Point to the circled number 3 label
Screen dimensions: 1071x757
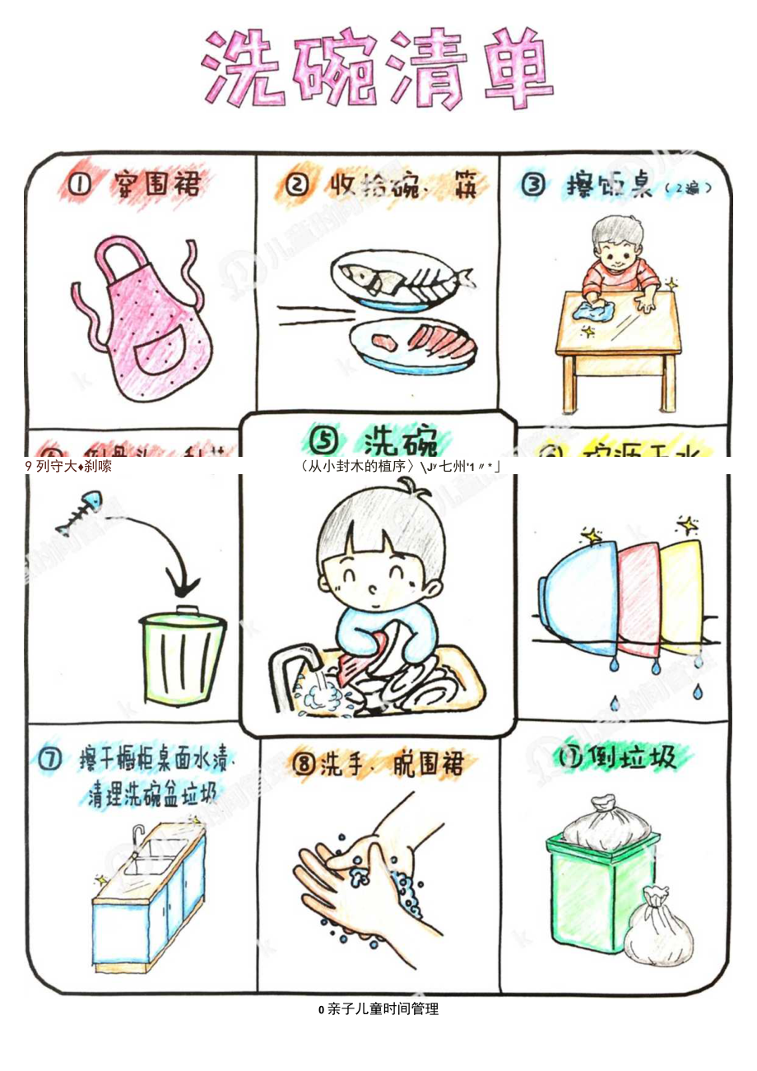(534, 185)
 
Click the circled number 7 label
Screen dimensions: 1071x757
(50, 761)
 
